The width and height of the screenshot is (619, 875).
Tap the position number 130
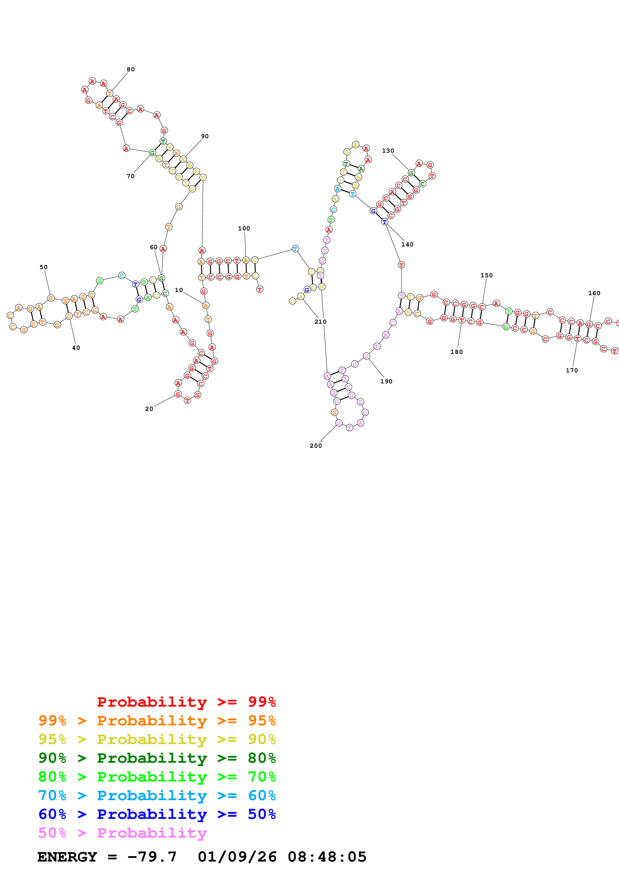388,151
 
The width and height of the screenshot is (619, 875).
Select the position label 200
315,445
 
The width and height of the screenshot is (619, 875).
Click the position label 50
43,267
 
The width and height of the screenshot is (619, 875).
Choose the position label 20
149,409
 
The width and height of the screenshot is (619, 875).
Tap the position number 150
486,275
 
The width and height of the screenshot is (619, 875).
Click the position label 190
386,381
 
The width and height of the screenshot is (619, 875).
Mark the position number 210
320,322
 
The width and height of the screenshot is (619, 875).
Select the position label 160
594,293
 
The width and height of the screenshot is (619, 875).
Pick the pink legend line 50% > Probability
122,833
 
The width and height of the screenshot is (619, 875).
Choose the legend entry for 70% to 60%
157,795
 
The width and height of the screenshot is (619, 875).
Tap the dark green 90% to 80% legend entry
157,758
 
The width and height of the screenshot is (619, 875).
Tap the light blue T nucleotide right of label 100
295,248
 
